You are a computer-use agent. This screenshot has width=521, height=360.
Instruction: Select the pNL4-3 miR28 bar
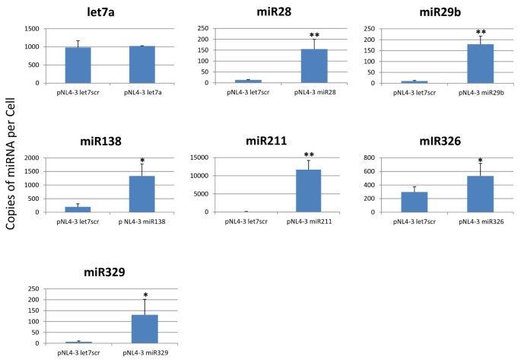coord(313,65)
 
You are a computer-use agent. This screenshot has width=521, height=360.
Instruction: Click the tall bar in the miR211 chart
coord(307,190)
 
